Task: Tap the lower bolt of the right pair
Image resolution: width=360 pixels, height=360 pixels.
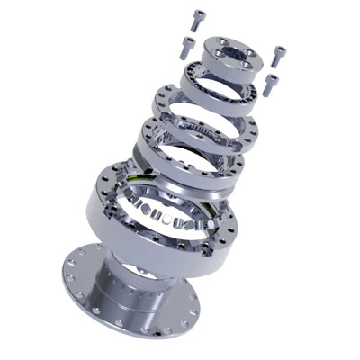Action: tap(272, 84)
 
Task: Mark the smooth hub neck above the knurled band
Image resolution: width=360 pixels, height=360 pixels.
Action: tap(135, 270)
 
